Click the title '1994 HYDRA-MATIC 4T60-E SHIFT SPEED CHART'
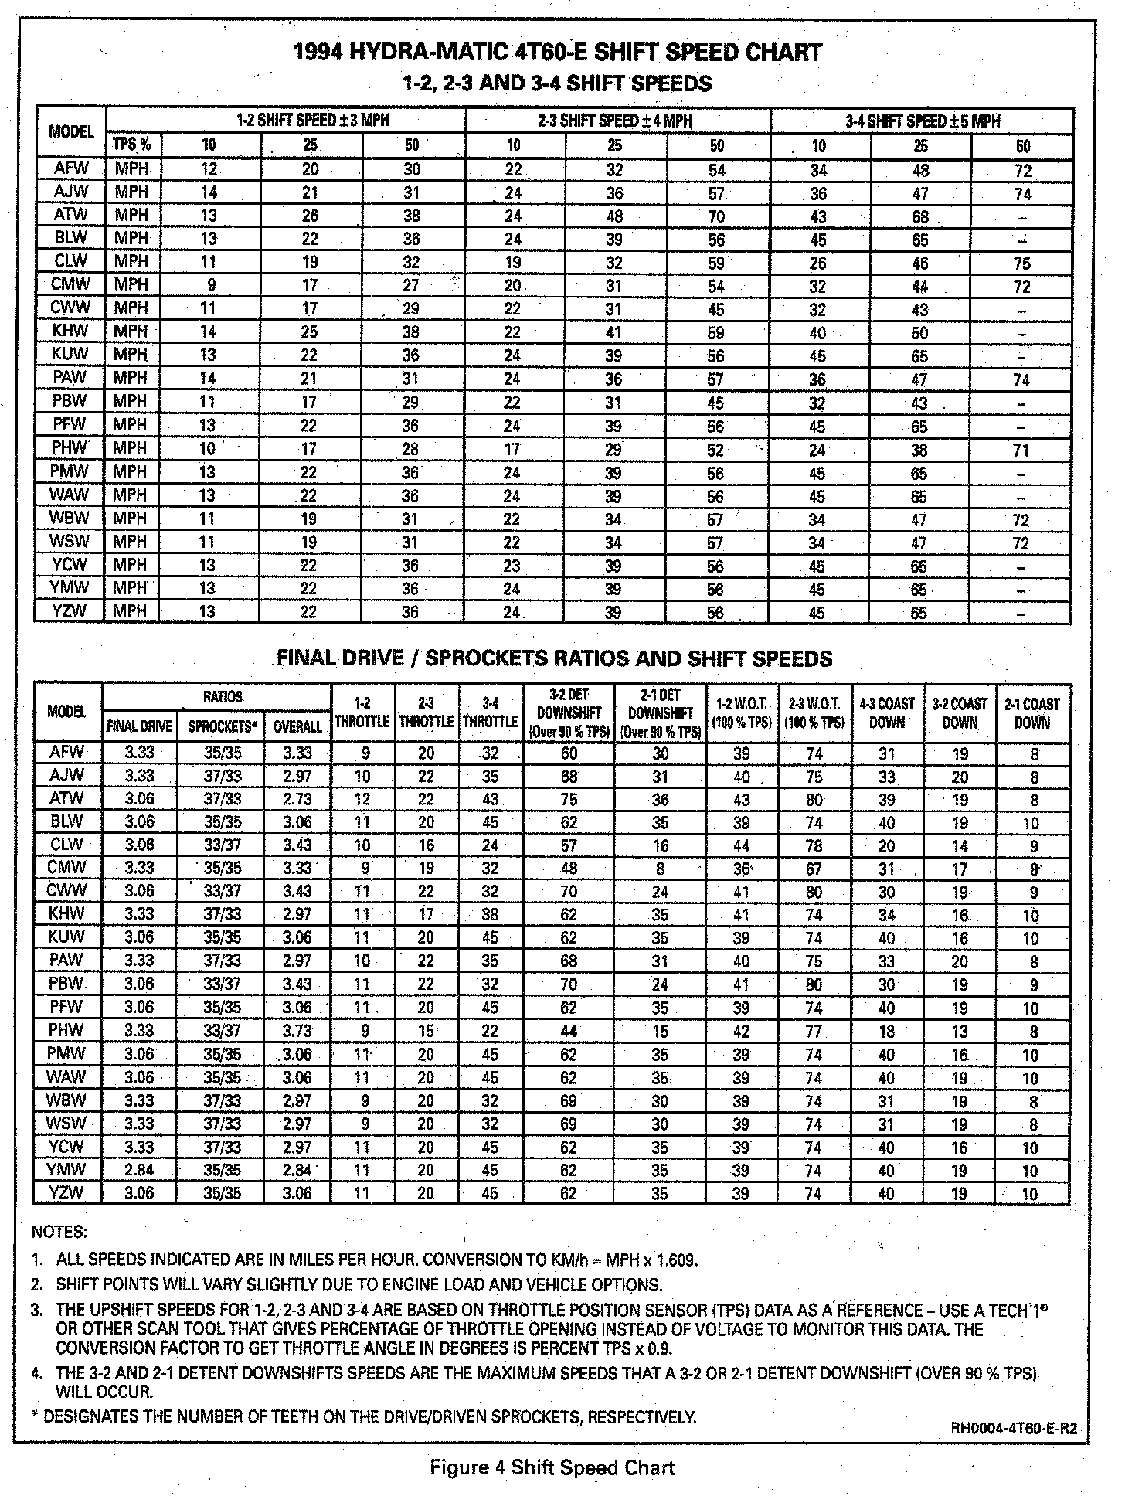coord(558,53)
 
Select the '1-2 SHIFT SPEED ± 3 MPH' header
coord(312,121)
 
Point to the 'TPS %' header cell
coord(132,144)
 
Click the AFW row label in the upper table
coord(71,168)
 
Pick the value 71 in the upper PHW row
coord(1021,450)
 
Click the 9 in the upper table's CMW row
coord(211,285)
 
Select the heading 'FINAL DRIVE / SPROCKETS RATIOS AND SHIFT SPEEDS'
coord(555,658)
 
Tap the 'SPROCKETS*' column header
coord(221,726)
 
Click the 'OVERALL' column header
coord(297,726)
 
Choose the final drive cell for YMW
coord(140,1170)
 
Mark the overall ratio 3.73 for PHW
coord(297,1031)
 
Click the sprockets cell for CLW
coord(222,845)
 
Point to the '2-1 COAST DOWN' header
coord(1032,712)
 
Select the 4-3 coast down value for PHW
coord(886,1031)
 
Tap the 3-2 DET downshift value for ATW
coord(569,799)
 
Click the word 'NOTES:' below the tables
coord(59,1232)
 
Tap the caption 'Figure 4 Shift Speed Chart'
coord(552,1467)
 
